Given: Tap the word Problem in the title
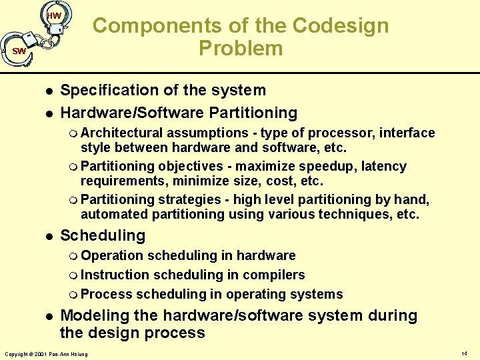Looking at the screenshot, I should click(x=240, y=49).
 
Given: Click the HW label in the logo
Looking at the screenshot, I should click(x=54, y=16).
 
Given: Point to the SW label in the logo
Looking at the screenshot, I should click(x=19, y=51).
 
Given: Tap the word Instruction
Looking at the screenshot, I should click(x=115, y=275).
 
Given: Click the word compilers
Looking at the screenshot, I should click(x=273, y=275).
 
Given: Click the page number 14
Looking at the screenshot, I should click(x=464, y=352).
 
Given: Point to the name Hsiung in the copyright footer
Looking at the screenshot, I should click(x=79, y=353).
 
